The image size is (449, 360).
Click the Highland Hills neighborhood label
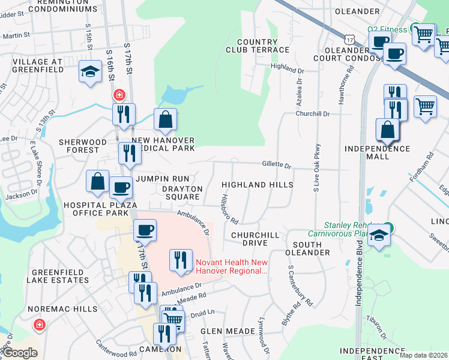click(258, 185)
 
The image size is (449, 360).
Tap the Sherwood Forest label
click(87, 146)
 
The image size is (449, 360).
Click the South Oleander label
click(312, 248)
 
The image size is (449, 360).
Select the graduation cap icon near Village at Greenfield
click(90, 72)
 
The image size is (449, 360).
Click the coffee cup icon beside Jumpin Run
click(121, 187)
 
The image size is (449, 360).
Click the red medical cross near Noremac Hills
click(40, 325)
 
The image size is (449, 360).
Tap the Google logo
click(20, 353)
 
